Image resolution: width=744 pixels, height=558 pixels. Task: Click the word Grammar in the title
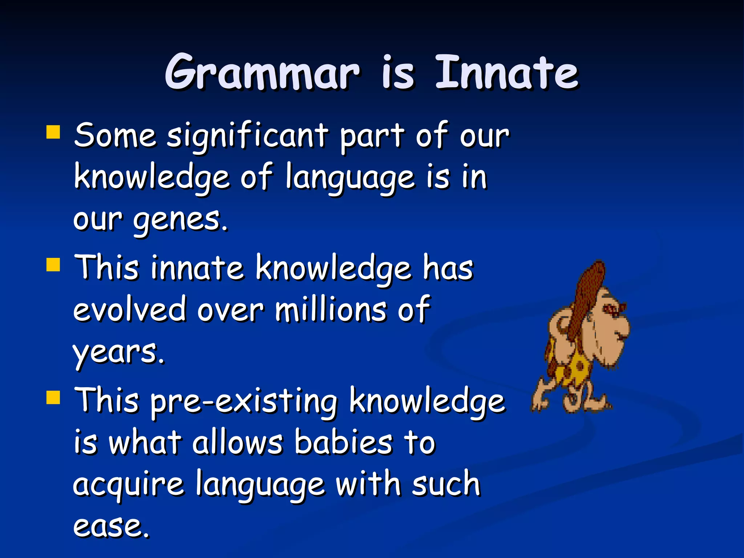262,72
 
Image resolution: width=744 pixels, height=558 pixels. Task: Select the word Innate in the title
506,72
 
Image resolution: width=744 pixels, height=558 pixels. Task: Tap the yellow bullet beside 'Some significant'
53,133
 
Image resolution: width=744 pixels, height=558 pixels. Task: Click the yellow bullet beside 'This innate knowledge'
53,265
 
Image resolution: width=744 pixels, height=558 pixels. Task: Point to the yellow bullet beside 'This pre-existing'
53,397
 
